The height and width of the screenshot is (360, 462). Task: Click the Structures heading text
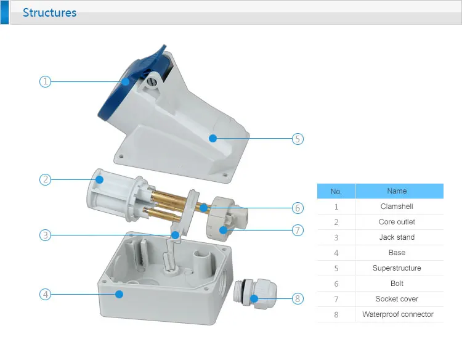coord(49,12)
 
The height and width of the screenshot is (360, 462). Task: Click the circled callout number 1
coord(45,81)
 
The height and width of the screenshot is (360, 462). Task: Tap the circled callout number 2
coord(45,180)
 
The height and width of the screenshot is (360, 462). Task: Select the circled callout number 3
coord(45,235)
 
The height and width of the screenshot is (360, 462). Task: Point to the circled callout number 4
coord(45,294)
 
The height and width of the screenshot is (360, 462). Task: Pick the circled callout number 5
coord(298,139)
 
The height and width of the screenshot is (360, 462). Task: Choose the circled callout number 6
coord(298,208)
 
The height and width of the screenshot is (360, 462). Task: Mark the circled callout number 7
coord(298,230)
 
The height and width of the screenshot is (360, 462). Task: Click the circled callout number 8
coord(298,299)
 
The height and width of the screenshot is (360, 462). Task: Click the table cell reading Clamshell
coord(397,207)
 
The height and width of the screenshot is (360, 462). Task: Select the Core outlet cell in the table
coord(397,222)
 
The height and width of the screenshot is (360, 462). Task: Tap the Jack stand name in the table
coord(397,237)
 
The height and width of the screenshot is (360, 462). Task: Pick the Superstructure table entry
coord(397,268)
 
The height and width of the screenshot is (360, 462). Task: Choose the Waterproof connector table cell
coord(397,314)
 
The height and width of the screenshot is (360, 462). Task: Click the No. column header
coord(336,191)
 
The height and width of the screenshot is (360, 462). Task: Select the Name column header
coord(397,191)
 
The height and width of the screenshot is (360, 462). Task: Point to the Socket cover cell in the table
coord(397,299)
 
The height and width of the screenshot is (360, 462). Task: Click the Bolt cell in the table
coord(397,284)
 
